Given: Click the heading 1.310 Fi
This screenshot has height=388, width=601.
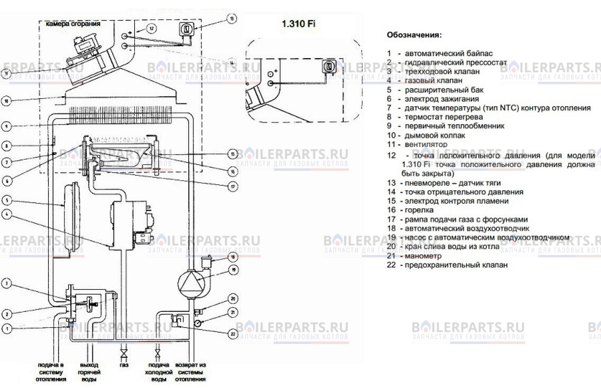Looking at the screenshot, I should [298, 24].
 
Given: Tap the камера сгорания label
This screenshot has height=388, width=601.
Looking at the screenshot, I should [73, 24].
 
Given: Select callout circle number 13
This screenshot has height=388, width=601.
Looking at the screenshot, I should [231, 18].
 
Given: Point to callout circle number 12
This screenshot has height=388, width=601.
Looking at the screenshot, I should [151, 28].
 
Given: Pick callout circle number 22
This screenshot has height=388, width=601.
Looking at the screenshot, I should [233, 333].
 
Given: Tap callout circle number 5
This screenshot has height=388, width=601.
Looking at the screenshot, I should [6, 200].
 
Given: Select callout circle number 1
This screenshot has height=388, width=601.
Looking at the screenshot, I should [6, 329].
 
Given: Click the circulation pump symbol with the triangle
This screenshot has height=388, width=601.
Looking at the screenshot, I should [191, 283].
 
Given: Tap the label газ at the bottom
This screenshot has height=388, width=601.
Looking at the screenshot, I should [124, 365].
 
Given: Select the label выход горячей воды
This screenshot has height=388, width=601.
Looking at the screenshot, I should [89, 372].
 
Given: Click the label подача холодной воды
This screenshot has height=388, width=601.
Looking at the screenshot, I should [159, 372].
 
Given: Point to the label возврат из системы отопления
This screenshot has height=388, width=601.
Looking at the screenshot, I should [190, 372].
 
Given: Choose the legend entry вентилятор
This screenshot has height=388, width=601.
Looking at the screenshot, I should [426, 144].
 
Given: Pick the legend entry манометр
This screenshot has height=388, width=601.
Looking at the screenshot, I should [423, 256].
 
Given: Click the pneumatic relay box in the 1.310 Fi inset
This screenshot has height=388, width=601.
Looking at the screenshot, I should [329, 66].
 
